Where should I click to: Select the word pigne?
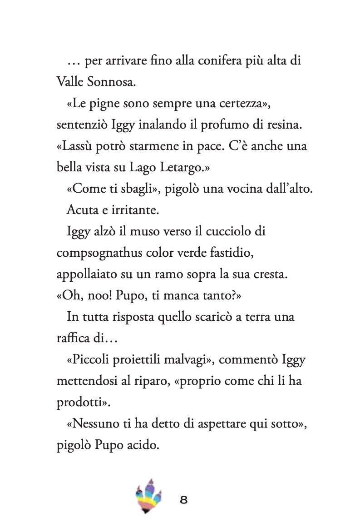click(112, 105)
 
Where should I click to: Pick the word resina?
click(283, 126)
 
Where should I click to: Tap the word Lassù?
click(78, 147)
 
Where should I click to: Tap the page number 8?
click(184, 501)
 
